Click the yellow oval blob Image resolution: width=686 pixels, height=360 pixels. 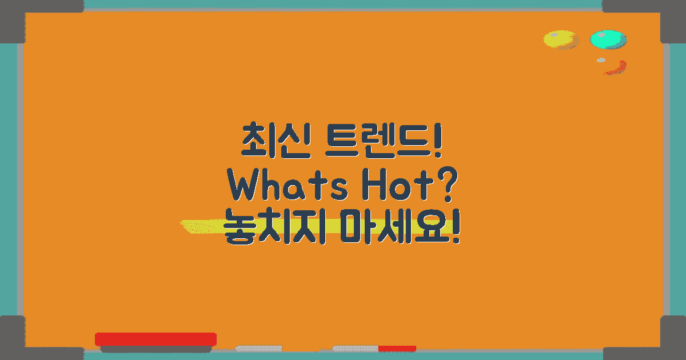560,40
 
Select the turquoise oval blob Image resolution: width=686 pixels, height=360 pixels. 608,39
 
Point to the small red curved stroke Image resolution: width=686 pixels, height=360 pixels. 616,69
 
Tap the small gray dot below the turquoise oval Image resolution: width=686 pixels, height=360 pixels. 601,60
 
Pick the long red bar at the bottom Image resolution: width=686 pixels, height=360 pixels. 155,339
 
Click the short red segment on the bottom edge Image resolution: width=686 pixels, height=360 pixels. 397,348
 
